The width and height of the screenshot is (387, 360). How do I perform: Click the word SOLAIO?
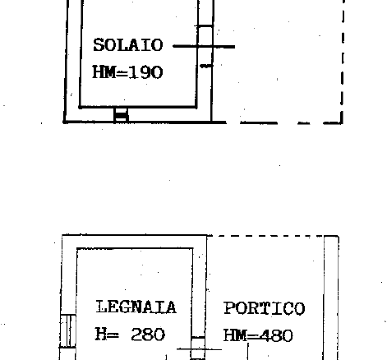[128, 45]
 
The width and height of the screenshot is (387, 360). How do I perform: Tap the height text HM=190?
[127, 72]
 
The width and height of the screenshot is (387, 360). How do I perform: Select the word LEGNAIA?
[136, 307]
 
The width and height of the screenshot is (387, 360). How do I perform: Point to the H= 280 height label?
[130, 335]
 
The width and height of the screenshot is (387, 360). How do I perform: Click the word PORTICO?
[265, 308]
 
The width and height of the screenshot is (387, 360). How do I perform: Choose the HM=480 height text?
[258, 335]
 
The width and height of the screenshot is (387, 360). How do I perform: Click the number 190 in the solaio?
[145, 72]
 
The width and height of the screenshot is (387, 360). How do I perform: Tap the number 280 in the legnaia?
[148, 335]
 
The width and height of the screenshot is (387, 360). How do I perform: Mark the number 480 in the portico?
[276, 335]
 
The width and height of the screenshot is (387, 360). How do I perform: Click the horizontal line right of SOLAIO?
[204, 47]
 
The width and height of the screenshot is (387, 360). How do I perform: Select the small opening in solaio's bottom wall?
[121, 114]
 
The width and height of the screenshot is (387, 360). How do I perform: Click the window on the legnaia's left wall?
[67, 331]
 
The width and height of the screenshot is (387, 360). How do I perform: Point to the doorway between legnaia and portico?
[198, 348]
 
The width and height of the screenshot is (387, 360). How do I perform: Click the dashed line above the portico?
[265, 236]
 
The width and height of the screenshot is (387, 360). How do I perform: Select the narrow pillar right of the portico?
[331, 298]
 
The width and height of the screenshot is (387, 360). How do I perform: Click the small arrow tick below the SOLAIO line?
[206, 66]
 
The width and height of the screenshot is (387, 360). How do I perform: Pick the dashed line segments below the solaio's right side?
[291, 123]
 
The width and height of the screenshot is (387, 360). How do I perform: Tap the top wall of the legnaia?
[135, 242]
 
